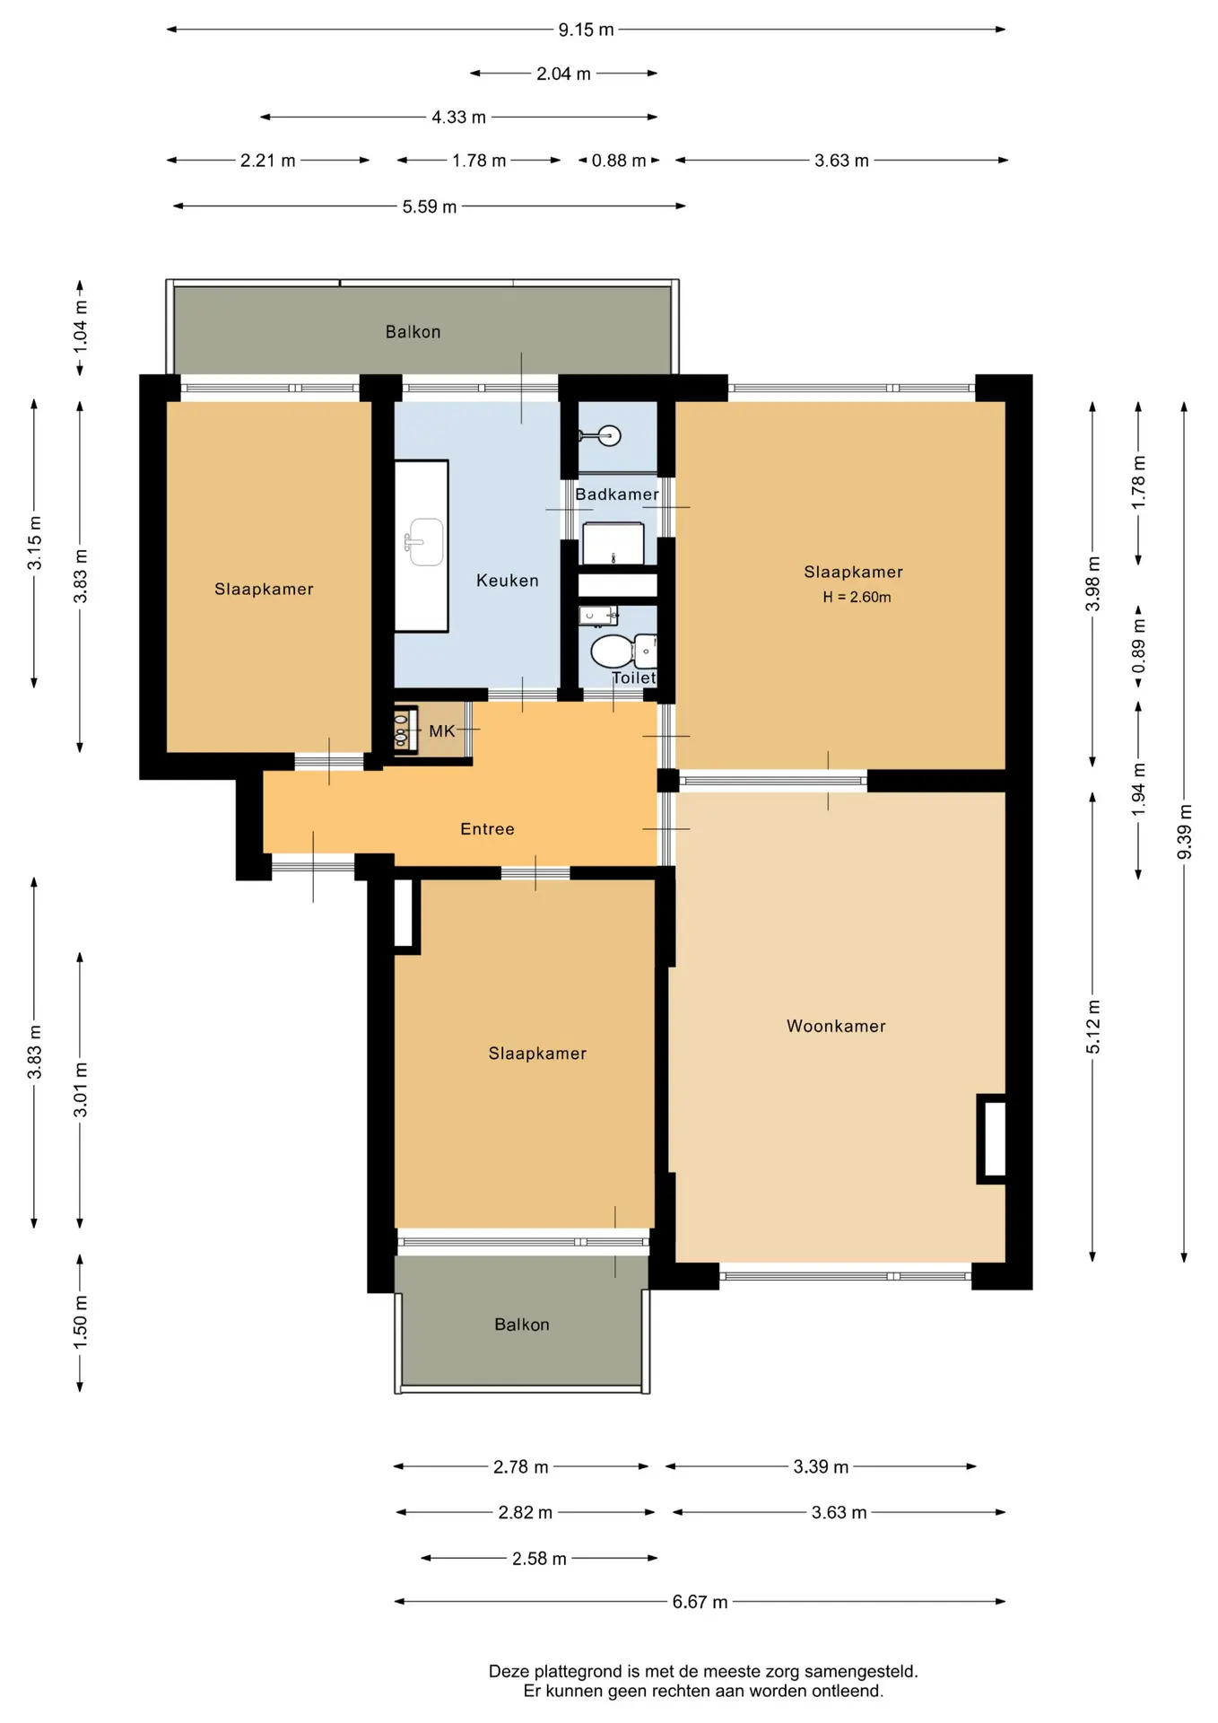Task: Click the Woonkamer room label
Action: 836,1026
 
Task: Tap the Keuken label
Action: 508,581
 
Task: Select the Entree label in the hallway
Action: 487,829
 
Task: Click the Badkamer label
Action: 617,494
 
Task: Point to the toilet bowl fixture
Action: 613,651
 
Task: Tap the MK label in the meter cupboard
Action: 441,731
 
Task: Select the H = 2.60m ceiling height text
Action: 857,598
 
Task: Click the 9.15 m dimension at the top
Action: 586,30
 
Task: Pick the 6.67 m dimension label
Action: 700,1602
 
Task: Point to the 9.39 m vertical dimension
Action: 1184,831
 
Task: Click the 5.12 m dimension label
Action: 1092,1027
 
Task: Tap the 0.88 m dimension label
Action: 619,161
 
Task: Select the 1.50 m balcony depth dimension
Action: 80,1322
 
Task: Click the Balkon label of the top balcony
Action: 413,332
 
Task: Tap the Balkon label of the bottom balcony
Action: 521,1325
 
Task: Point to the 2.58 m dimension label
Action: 539,1559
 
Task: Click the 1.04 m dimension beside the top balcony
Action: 80,324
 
